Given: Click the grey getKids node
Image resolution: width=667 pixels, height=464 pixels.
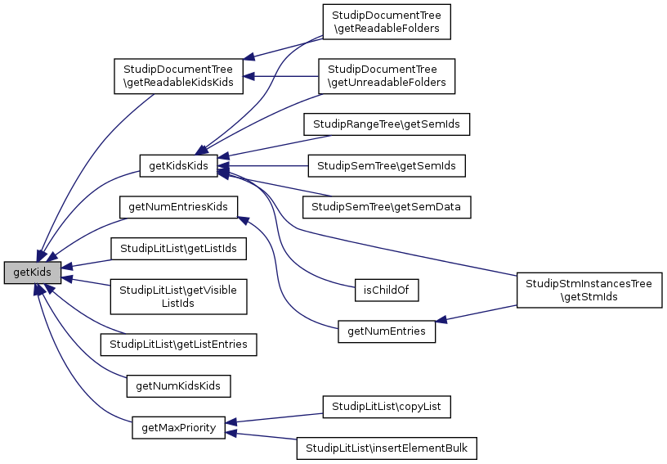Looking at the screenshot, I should tap(33, 273).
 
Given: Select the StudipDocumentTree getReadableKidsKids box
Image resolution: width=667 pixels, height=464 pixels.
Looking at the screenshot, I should tap(178, 75).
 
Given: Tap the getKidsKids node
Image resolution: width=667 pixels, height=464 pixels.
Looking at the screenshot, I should tap(178, 166).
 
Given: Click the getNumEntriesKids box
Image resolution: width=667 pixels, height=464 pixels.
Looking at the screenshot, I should tap(178, 206).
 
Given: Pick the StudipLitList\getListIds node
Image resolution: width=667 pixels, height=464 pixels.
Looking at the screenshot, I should tap(178, 247).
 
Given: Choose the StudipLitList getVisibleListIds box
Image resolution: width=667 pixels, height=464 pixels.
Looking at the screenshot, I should tap(178, 296).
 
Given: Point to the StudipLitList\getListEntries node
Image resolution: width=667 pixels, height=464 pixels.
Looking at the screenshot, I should tap(178, 345).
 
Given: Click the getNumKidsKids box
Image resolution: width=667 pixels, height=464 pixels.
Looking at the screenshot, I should tap(178, 385).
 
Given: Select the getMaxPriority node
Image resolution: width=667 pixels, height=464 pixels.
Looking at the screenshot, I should tap(178, 427).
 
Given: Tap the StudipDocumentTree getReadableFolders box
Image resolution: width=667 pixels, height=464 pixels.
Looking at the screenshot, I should tap(387, 21).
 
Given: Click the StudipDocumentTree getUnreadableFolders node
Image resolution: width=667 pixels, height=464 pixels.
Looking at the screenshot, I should tap(387, 75).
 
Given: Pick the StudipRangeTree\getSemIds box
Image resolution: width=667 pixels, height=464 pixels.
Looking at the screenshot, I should tap(387, 124).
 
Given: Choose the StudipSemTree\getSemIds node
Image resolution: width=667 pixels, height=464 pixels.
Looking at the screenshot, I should tap(387, 166).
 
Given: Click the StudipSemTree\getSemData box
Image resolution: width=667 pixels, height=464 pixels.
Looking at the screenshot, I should tap(387, 207).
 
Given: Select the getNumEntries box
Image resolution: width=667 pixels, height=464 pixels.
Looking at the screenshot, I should tap(387, 331).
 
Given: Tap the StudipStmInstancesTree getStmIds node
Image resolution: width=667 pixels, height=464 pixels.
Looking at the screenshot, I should tap(589, 291).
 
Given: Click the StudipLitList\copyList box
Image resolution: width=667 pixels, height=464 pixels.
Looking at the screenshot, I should tap(387, 406).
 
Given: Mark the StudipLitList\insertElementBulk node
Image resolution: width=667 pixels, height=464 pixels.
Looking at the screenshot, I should tap(387, 448).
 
